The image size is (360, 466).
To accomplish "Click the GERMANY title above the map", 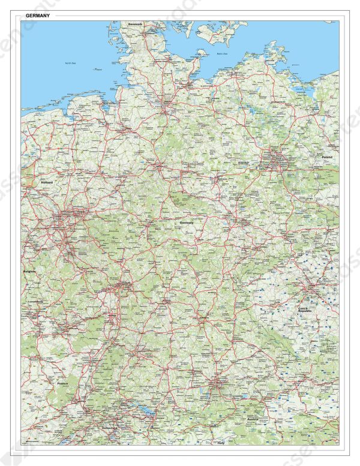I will (x=38, y=16).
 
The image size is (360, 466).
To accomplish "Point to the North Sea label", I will (x=71, y=63).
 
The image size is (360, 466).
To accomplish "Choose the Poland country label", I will (x=326, y=157).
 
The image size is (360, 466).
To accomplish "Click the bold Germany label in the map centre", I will (x=187, y=223).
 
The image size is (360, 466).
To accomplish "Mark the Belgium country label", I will (x=29, y=271).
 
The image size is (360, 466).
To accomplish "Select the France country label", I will (x=62, y=383).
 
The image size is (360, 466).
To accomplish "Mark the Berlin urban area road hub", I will (x=275, y=160).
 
